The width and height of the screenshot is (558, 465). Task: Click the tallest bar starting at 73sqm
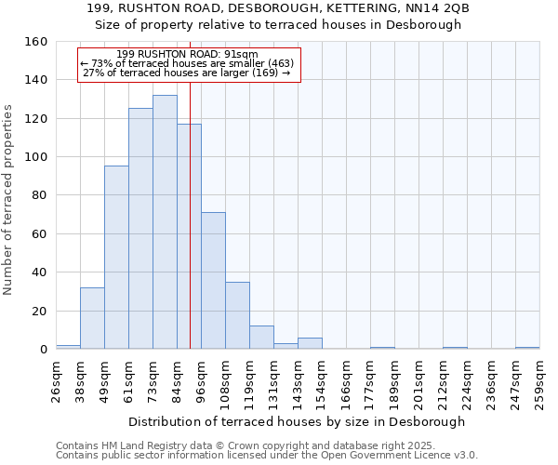[165, 223]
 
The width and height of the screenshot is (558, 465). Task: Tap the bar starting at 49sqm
[116, 258]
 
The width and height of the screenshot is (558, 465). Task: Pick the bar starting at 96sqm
[213, 281]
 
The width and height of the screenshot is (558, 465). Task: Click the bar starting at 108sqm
[237, 316]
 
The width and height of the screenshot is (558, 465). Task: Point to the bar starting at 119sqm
[261, 339]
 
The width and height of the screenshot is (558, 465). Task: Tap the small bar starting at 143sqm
[310, 344]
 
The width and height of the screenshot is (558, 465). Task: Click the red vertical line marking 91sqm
[190, 232]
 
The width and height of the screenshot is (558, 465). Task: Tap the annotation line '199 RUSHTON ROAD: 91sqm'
[188, 55]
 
